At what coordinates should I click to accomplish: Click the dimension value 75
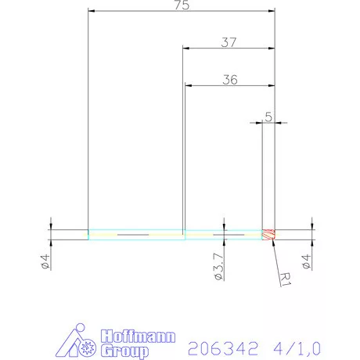(182, 5)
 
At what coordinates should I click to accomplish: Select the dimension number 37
(229, 42)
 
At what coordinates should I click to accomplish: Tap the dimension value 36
(229, 79)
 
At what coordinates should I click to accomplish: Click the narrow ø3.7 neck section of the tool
(223, 234)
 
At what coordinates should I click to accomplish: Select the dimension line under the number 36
(230, 85)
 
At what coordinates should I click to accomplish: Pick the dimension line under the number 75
(182, 12)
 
